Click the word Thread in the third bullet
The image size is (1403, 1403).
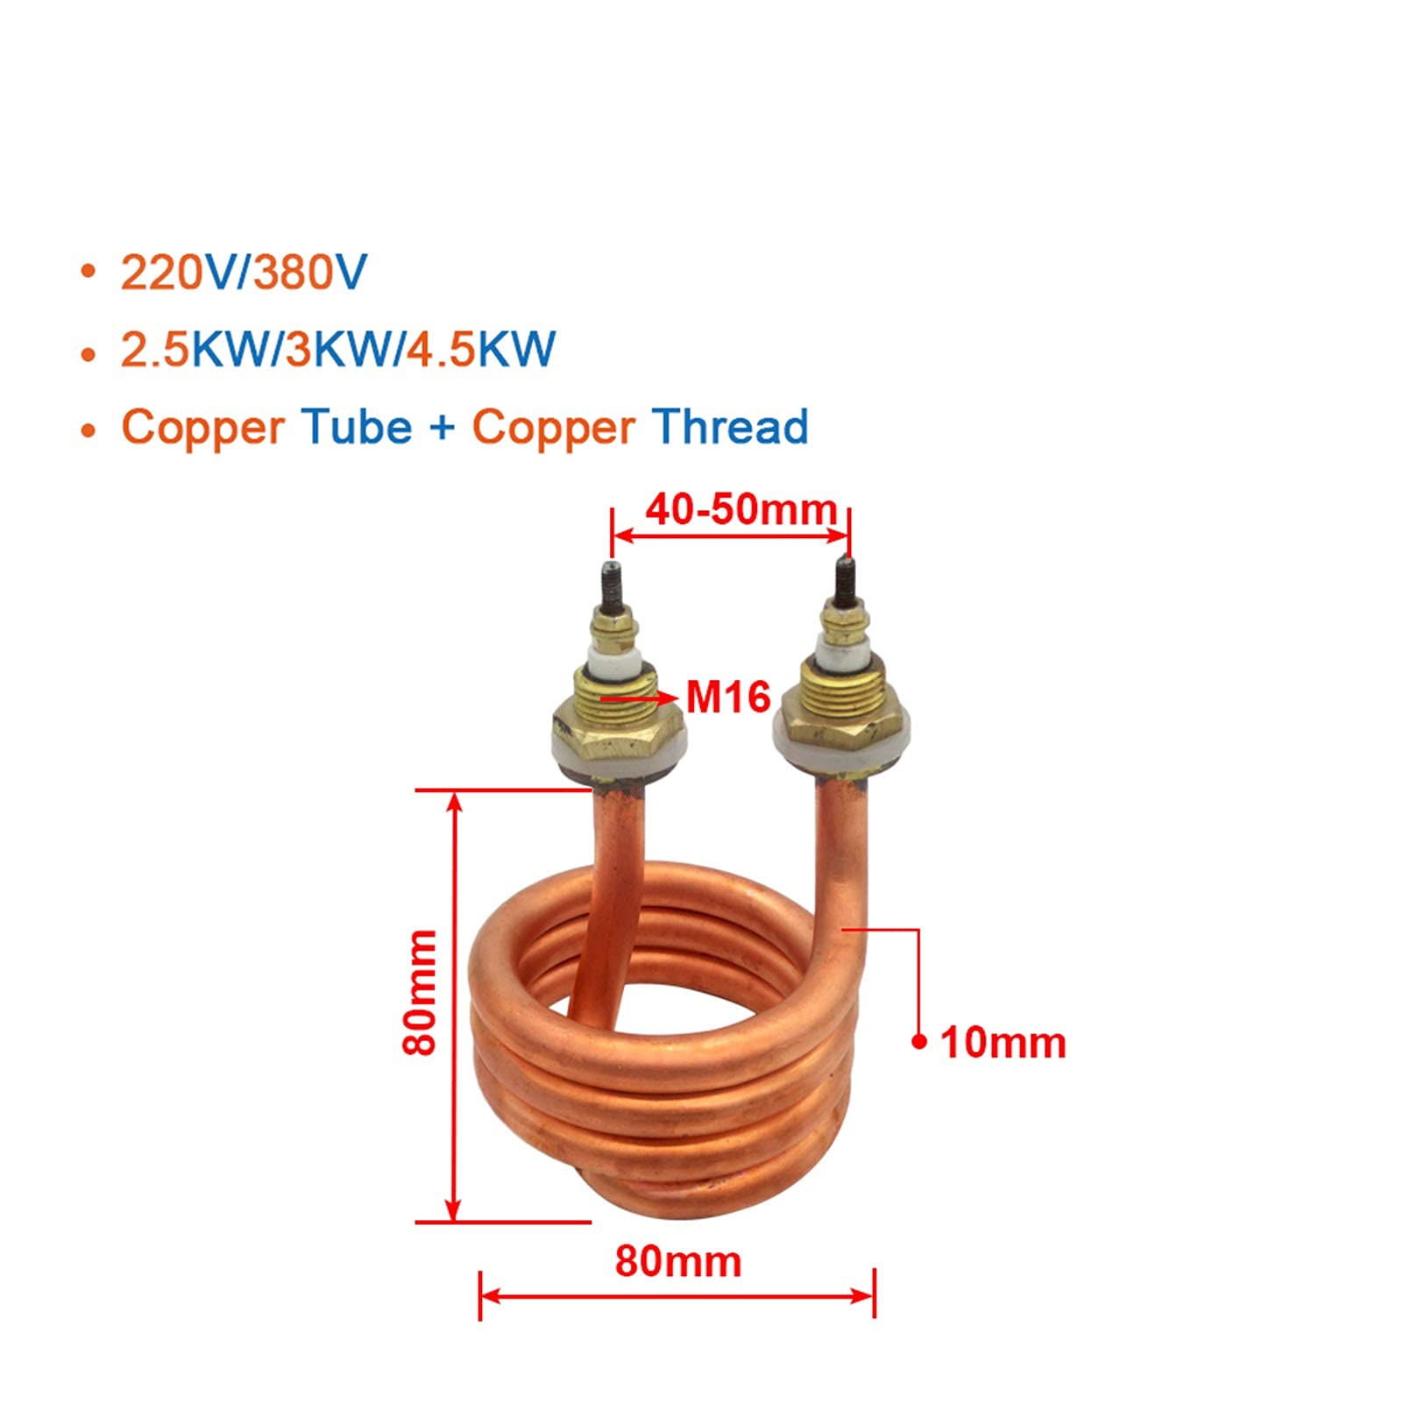[x=730, y=427]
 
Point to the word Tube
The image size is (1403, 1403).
[x=357, y=427]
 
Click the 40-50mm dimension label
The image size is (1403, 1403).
[x=740, y=509]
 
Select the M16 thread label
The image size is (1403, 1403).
[x=728, y=698]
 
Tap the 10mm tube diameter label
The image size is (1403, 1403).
[x=1003, y=1043]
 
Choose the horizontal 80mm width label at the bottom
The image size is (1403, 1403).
[x=678, y=1261]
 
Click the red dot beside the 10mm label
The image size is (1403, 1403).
[x=918, y=1041]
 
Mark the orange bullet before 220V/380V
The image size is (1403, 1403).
[x=88, y=273]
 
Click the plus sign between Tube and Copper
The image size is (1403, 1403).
[x=443, y=429]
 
